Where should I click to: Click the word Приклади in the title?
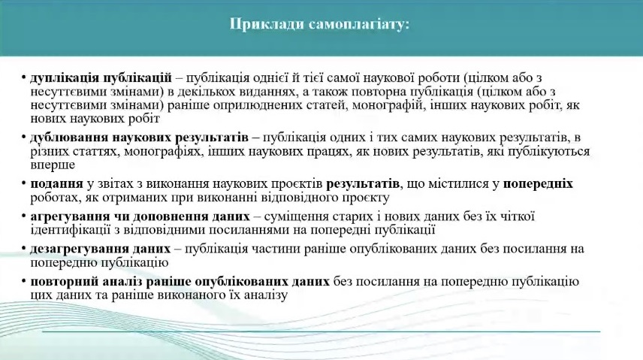coord(267,25)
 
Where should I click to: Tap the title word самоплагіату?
coord(359,25)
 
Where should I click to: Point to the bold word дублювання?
coord(68,137)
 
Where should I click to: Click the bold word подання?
coord(56,183)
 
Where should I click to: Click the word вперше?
coord(53,165)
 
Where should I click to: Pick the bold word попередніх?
coord(538,184)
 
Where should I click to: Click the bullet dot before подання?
coord(24,183)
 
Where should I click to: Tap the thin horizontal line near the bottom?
coord(321,331)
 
